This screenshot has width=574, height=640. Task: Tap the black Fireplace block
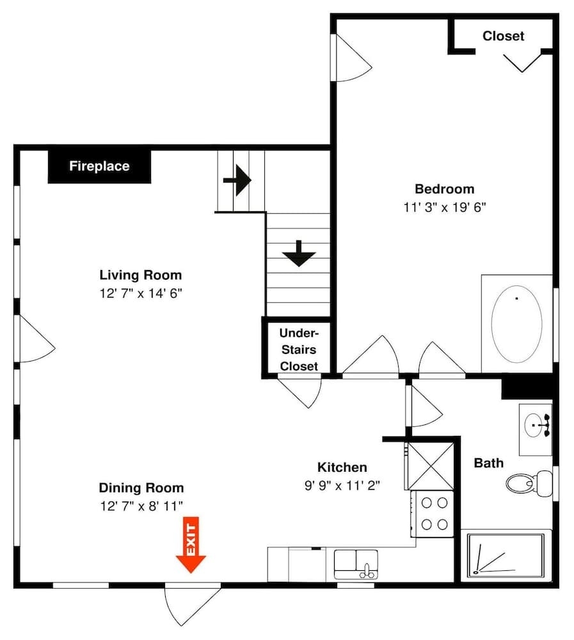[x=99, y=166]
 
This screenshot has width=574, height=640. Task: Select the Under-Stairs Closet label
[x=298, y=349]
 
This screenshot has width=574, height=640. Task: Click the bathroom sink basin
[x=535, y=424]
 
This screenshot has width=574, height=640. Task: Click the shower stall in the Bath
[x=506, y=555]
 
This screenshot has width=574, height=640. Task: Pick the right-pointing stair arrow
[x=237, y=181]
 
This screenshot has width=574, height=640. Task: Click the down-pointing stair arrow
[x=299, y=253]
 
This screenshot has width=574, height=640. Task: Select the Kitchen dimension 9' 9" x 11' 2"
[x=342, y=485]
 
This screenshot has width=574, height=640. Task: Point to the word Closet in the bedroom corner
[x=503, y=36]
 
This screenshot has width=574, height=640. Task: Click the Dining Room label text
[x=141, y=488]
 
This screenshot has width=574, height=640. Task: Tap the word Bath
[x=488, y=463]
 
